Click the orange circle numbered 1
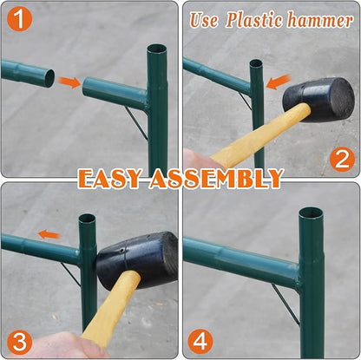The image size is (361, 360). click(19, 18)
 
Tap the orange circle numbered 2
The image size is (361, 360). click(342, 159)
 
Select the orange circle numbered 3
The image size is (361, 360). click(19, 343)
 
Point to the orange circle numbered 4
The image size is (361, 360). click(200, 342)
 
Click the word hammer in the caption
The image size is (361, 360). click(320, 20)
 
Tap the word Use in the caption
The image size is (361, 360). click(204, 20)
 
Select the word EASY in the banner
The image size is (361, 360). click(110, 179)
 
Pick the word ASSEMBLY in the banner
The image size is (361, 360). click(216, 179)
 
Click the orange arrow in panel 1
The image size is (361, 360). click(69, 82)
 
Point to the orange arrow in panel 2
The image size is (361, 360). click(278, 82)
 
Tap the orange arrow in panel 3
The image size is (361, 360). click(49, 234)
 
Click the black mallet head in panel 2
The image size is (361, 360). click(318, 99)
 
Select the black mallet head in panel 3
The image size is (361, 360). click(137, 261)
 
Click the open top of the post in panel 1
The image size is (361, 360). click(157, 49)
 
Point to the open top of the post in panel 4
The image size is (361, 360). click(311, 213)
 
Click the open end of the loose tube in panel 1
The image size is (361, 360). click(49, 78)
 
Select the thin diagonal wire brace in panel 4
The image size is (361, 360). click(285, 304)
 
